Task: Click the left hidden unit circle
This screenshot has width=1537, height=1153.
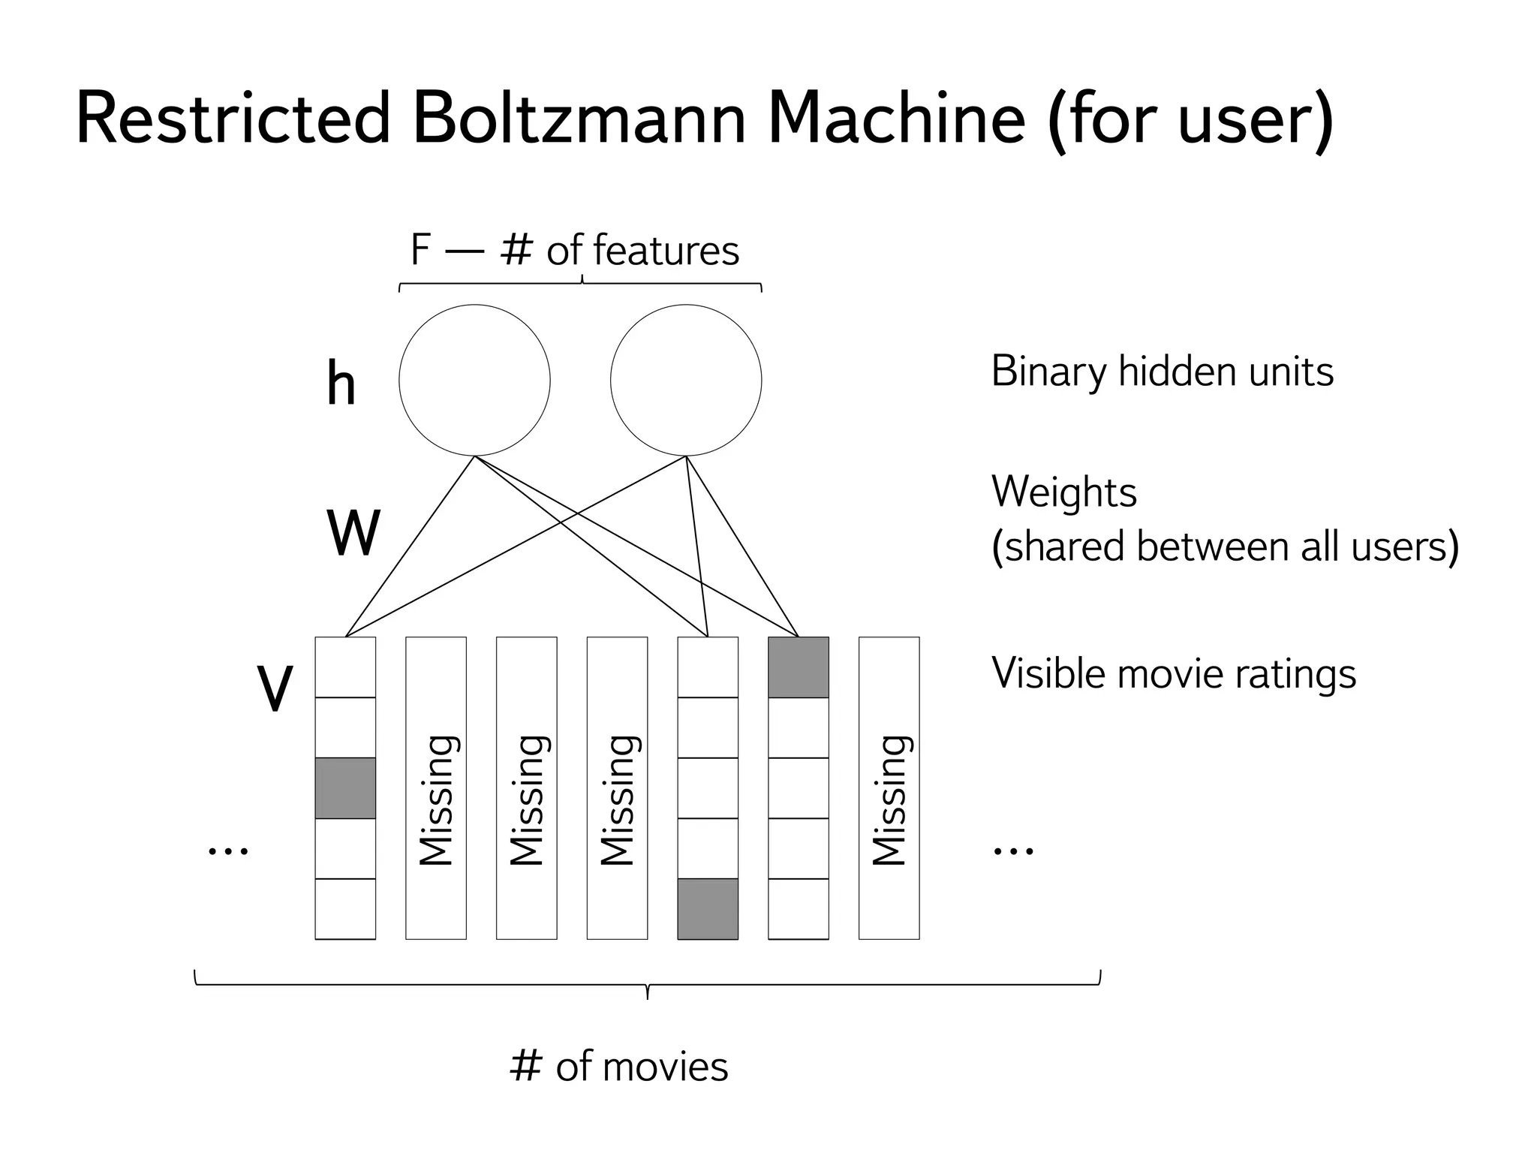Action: click(x=474, y=380)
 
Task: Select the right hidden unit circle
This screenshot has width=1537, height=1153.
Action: click(x=686, y=380)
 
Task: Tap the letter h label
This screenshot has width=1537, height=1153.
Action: click(x=341, y=384)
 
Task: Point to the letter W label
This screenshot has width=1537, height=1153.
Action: click(x=353, y=533)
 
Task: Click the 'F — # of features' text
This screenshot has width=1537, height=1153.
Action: click(x=575, y=250)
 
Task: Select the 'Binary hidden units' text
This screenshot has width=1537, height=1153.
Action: click(x=1162, y=372)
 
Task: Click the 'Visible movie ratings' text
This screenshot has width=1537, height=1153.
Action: click(x=1173, y=673)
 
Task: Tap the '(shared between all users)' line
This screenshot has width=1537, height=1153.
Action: click(x=1224, y=546)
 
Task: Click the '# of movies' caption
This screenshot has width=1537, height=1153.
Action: click(x=618, y=1066)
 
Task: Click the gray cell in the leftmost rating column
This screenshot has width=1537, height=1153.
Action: click(x=345, y=787)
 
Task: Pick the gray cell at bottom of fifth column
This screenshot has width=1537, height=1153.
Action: click(x=707, y=908)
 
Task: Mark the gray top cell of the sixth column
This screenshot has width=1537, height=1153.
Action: click(x=798, y=667)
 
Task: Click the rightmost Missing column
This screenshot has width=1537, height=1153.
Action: click(x=889, y=788)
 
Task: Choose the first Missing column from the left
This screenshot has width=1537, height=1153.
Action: click(x=435, y=788)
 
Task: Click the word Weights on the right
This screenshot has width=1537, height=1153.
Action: click(x=1063, y=492)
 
